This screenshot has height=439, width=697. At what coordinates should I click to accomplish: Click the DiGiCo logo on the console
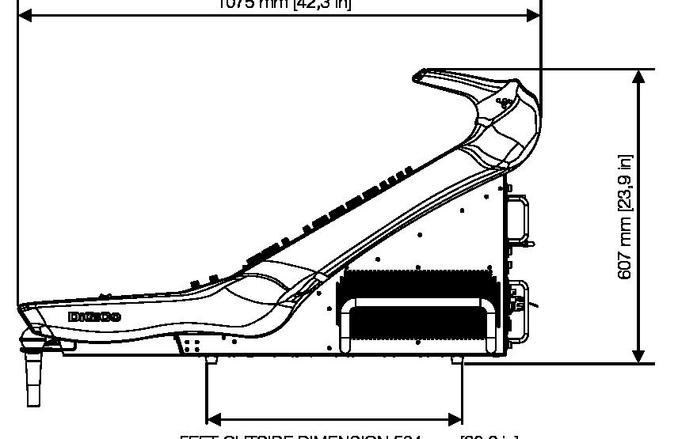tap(94, 317)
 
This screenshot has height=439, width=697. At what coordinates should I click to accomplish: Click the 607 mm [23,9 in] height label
tap(626, 216)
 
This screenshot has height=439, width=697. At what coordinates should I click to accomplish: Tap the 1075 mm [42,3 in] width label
tap(284, 4)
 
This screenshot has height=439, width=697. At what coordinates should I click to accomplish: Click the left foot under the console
tap(211, 359)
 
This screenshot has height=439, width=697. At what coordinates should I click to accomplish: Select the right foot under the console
tap(456, 359)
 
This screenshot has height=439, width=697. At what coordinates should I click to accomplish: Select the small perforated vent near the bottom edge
tap(191, 345)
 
